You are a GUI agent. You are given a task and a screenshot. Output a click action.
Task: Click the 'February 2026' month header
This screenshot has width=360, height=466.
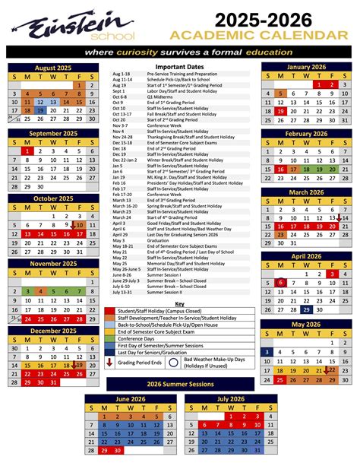pyautogui.click(x=305, y=133)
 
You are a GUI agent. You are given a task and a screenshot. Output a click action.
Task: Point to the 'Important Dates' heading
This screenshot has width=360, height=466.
pyautogui.click(x=179, y=67)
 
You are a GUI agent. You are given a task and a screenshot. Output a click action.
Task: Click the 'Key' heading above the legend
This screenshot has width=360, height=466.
pyautogui.click(x=179, y=303)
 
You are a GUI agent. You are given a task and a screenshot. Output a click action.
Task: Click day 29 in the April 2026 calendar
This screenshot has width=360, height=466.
pyautogui.click(x=305, y=309)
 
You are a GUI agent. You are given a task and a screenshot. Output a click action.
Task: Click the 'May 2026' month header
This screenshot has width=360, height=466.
pyautogui.click(x=305, y=324)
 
